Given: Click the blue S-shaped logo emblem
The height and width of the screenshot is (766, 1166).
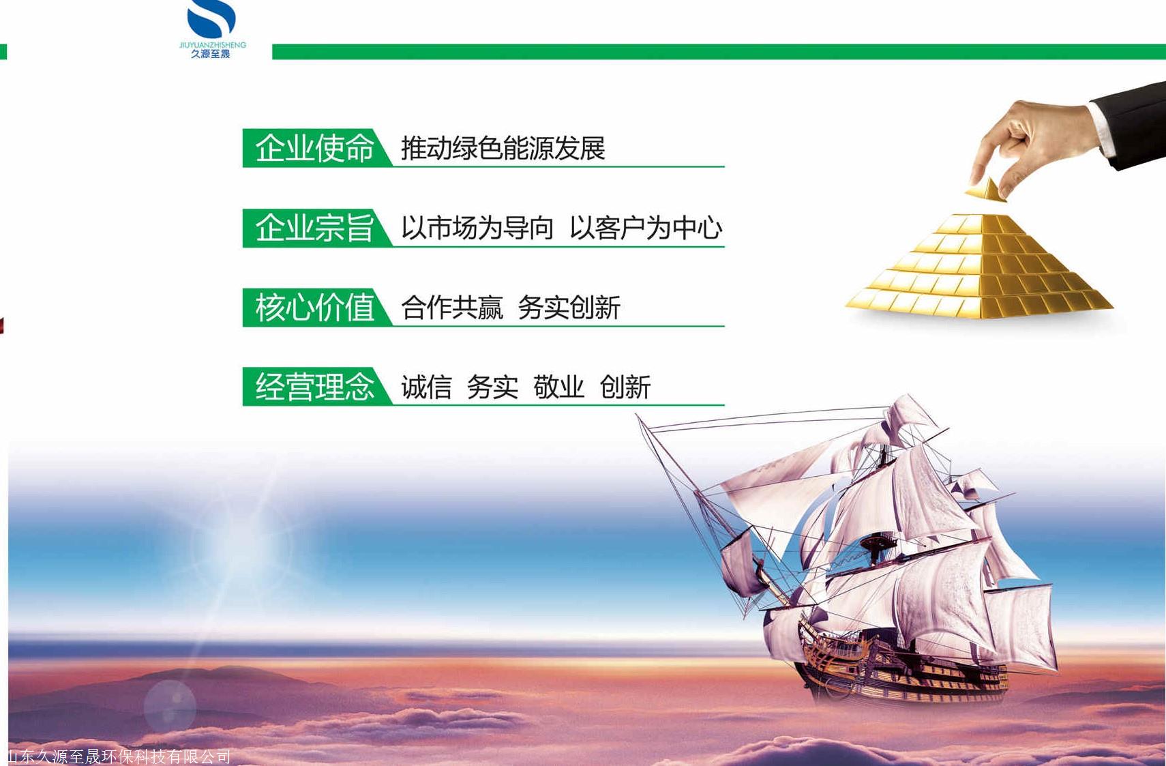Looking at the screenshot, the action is coord(211,18).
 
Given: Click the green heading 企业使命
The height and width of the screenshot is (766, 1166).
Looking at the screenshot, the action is coord(314,148).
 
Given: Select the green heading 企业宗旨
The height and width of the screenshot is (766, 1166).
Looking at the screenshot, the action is coord(314,228).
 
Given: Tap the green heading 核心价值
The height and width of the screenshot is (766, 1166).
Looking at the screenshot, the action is coord(314,307).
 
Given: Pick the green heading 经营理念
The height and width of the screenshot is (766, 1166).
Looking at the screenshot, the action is coord(314,386).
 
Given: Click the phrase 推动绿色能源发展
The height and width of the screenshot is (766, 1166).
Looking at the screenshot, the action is coord(503,148).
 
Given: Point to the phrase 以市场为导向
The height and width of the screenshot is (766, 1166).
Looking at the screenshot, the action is coord(477,228).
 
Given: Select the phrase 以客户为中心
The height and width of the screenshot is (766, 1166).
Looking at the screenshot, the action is coord(646,228).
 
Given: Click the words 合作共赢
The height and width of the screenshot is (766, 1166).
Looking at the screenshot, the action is coord(452,307).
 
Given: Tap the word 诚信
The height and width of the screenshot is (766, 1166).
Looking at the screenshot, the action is coord(426,387).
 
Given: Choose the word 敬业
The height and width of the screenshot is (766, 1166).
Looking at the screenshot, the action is coord(558,387).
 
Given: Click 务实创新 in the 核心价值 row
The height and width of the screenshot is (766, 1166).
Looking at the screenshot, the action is coord(569,307).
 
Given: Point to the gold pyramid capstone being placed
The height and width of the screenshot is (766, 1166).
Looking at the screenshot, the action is coord(986,190).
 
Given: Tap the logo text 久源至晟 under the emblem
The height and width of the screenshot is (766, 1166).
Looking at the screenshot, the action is coord(211,54).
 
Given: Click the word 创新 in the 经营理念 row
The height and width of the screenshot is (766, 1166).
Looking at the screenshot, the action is coord(625,387).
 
